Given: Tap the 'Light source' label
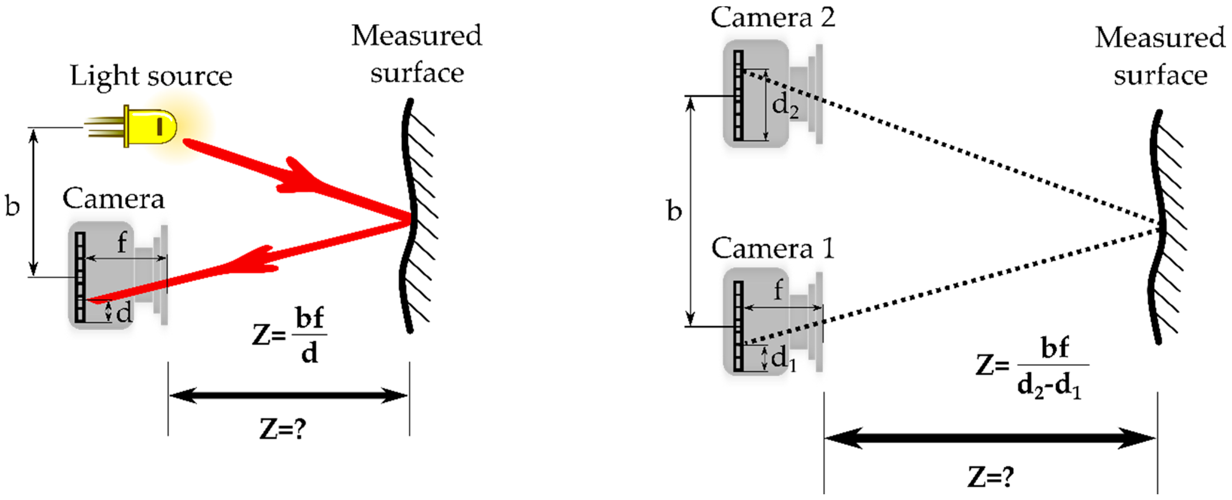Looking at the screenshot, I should (151, 76).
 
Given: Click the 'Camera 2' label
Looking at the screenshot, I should (772, 18).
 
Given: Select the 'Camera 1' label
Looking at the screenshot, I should (772, 249).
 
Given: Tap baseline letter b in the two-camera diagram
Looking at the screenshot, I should (674, 211).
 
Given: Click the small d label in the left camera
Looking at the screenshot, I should (124, 313).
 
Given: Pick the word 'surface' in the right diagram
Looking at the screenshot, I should (1160, 76).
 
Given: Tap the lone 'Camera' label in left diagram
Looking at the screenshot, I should (113, 198).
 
